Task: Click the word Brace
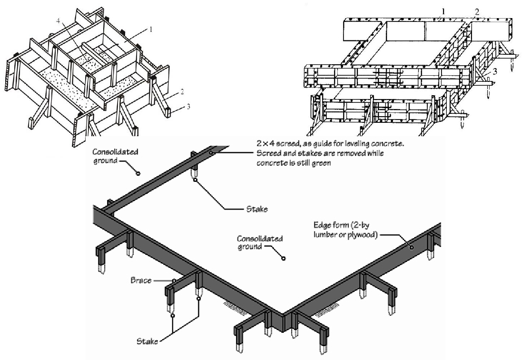(x=141, y=280)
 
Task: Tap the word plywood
(x=362, y=234)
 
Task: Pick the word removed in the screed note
(x=333, y=153)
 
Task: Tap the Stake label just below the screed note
(x=256, y=209)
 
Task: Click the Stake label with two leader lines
(x=147, y=341)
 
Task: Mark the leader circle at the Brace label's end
(x=175, y=280)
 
